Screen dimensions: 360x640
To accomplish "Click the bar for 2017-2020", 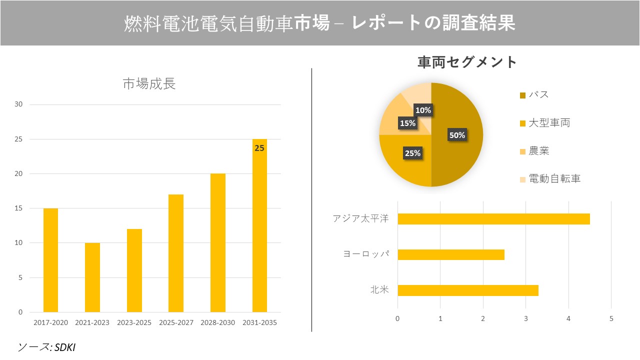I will pyautogui.click(x=50, y=260).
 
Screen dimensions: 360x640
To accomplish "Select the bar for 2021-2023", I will pyautogui.click(x=92, y=277).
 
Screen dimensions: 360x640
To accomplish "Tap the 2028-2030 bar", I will pyautogui.click(x=218, y=243).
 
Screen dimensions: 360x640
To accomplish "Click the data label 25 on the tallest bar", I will pyautogui.click(x=259, y=148).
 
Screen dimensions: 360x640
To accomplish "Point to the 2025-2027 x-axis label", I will pyautogui.click(x=176, y=322).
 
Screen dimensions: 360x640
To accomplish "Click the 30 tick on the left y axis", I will pyautogui.click(x=18, y=104).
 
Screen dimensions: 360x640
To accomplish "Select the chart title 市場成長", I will pyautogui.click(x=149, y=83).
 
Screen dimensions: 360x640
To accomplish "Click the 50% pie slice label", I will pyautogui.click(x=456, y=135).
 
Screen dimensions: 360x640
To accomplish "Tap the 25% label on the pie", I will pyautogui.click(x=412, y=153).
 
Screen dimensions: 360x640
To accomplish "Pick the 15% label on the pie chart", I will pyautogui.click(x=407, y=123).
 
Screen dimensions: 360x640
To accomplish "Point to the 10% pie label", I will pyautogui.click(x=423, y=110).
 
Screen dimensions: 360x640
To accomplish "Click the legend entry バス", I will pyautogui.click(x=538, y=95).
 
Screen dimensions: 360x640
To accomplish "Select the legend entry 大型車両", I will pyautogui.click(x=548, y=123).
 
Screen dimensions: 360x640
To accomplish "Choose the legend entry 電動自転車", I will pyautogui.click(x=554, y=179).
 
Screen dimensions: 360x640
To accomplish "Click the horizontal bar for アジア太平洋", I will pyautogui.click(x=493, y=219).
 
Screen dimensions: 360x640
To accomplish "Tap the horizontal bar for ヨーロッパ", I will pyautogui.click(x=451, y=254).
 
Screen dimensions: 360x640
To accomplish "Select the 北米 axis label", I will pyautogui.click(x=379, y=290).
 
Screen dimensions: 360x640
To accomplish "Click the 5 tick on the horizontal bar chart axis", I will pyautogui.click(x=611, y=318).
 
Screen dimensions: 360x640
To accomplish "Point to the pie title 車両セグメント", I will pyautogui.click(x=467, y=62).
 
